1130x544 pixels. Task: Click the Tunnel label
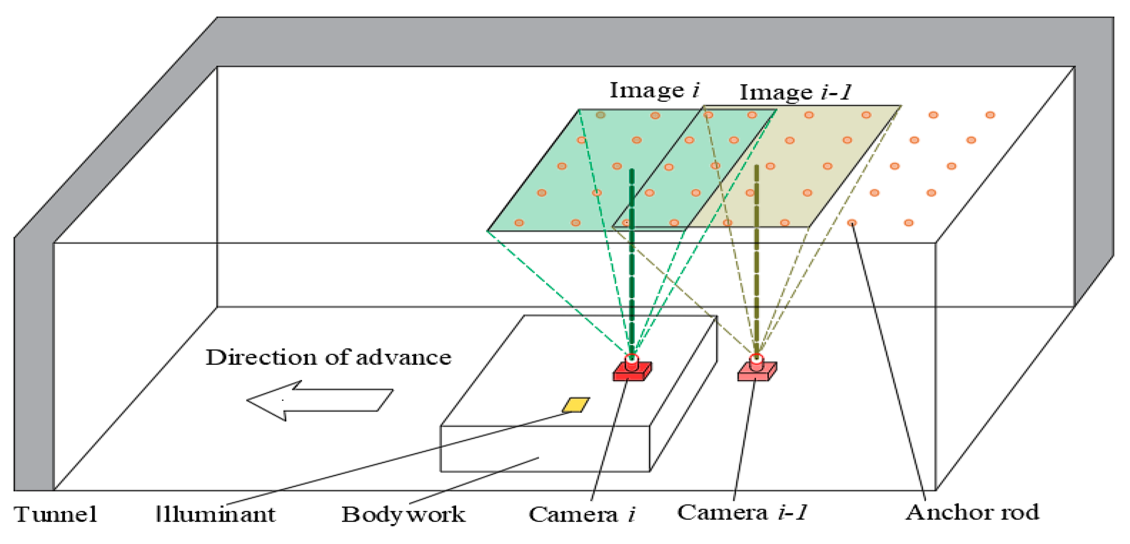pyautogui.click(x=55, y=514)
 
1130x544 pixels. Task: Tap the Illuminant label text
pyautogui.click(x=216, y=514)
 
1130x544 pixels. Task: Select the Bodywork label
pyautogui.click(x=403, y=514)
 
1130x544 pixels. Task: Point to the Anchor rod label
pyautogui.click(x=973, y=512)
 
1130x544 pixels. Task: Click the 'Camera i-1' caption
pyautogui.click(x=742, y=512)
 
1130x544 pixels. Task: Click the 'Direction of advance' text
pyautogui.click(x=329, y=357)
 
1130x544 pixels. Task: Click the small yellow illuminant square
pyautogui.click(x=576, y=405)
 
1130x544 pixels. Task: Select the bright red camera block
pyautogui.click(x=632, y=371)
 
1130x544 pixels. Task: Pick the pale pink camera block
pyautogui.click(x=757, y=372)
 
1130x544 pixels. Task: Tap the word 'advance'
pyautogui.click(x=403, y=357)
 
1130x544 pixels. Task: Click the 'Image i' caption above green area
pyautogui.click(x=654, y=91)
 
